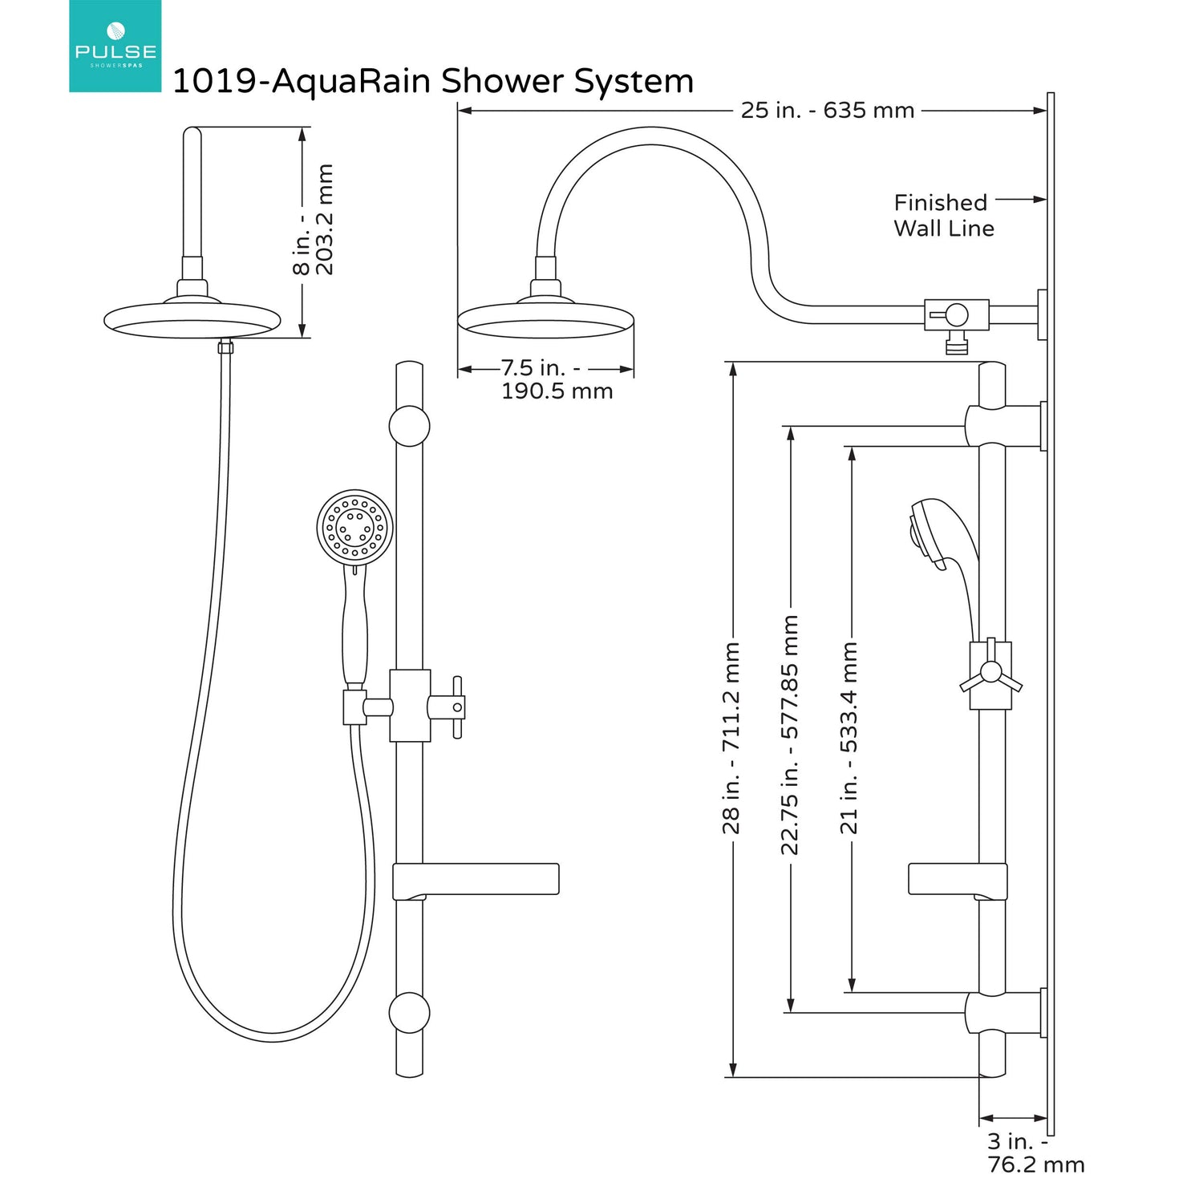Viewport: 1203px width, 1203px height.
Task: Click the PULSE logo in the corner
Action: click(x=115, y=46)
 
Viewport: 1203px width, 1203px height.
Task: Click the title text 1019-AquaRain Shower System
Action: click(x=432, y=82)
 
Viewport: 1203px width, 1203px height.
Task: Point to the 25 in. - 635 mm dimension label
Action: click(x=827, y=111)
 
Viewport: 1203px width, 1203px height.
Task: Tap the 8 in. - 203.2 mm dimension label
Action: click(x=313, y=220)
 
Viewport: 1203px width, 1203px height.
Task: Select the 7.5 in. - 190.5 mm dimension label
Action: click(x=556, y=379)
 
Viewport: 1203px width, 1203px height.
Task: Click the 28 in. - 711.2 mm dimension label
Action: click(x=731, y=738)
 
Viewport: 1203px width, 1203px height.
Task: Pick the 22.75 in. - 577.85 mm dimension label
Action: click(x=790, y=734)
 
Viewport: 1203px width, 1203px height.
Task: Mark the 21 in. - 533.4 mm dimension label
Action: click(x=849, y=738)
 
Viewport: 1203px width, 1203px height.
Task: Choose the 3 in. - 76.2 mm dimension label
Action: click(x=1035, y=1152)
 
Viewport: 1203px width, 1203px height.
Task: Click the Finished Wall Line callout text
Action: click(x=943, y=215)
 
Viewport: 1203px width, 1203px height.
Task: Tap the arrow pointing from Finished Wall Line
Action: click(x=1021, y=199)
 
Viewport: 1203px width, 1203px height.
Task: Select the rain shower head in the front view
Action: click(x=192, y=319)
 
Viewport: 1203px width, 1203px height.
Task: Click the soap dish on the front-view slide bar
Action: click(x=476, y=880)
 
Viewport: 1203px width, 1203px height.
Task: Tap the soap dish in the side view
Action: click(x=957, y=879)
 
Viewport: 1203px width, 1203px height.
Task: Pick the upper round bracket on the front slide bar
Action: click(x=409, y=426)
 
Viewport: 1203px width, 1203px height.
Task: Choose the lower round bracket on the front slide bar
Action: click(x=409, y=1012)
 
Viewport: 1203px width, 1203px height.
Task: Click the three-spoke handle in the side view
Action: click(x=991, y=674)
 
